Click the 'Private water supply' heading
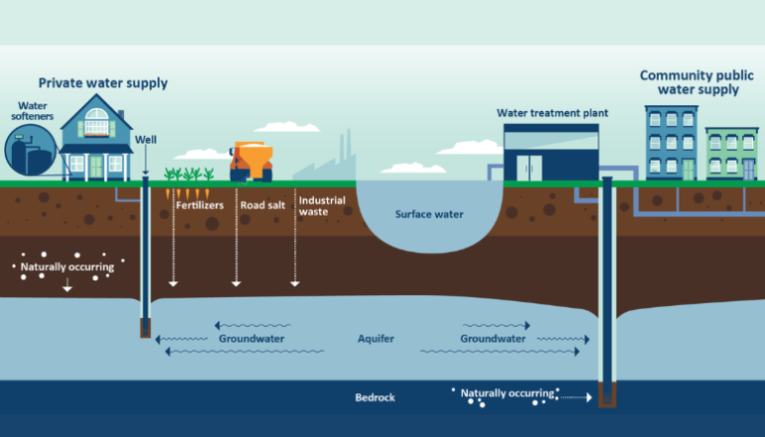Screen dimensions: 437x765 (103, 83)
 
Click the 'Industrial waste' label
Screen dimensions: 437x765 (322, 205)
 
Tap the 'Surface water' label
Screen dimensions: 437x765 (429, 214)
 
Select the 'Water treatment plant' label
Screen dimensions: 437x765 (552, 113)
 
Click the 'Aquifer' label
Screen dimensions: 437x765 (376, 339)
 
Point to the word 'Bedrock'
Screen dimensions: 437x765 (375, 397)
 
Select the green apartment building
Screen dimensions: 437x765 (731, 154)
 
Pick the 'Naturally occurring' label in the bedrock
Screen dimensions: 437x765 (506, 394)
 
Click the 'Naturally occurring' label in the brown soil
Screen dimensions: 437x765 (67, 267)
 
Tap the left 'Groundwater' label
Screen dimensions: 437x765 (252, 339)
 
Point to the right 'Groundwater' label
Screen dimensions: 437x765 (492, 339)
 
